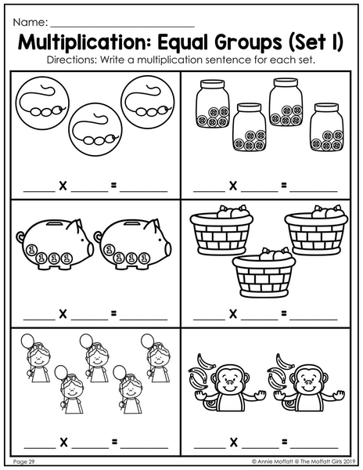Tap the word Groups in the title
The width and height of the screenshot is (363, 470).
[248, 43]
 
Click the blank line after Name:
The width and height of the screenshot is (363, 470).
[122, 27]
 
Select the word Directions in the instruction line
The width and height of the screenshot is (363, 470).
[71, 60]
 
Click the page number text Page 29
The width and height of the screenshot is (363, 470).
[24, 461]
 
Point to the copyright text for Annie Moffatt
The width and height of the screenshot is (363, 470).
[304, 461]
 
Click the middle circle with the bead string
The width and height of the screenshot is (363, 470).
[95, 129]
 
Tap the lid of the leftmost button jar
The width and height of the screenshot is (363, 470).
[213, 84]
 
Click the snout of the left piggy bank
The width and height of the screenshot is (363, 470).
[90, 249]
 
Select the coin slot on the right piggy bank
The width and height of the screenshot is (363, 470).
[130, 224]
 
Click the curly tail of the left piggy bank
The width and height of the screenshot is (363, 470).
[20, 237]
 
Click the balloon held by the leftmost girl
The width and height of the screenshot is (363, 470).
[27, 342]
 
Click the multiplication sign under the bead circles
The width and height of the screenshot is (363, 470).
[63, 186]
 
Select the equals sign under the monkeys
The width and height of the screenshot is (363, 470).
[284, 442]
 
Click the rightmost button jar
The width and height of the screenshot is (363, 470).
[327, 127]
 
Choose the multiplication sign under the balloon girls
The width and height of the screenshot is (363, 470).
[63, 442]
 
